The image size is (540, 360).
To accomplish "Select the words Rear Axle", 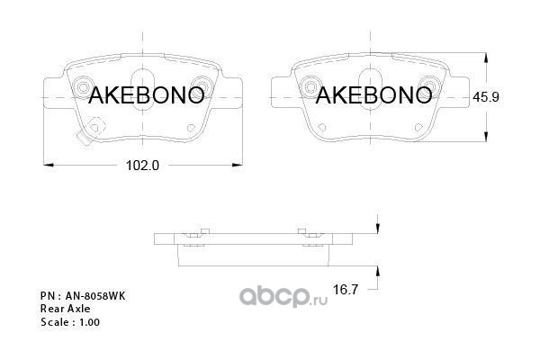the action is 61,308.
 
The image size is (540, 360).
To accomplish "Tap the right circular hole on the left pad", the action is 202,88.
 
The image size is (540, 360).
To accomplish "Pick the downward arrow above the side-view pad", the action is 378,230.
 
